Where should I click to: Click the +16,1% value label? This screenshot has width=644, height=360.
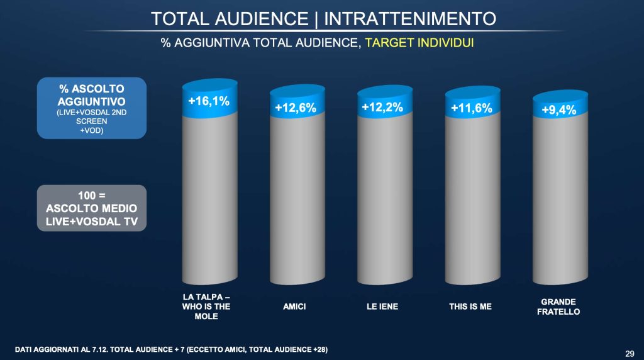point(208,101)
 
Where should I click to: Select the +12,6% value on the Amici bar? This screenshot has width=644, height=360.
point(296,108)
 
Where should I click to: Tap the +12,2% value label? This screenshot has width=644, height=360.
point(382,107)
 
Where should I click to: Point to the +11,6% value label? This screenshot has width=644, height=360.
point(471,108)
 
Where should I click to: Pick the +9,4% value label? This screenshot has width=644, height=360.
point(558,111)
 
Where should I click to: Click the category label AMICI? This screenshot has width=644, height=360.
point(296,307)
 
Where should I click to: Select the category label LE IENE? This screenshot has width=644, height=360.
point(383,307)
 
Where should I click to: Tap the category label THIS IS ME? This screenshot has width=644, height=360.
point(471,307)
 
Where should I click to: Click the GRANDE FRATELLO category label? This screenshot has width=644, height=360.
point(558,307)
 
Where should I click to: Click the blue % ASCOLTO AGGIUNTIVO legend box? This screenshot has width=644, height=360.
point(92,108)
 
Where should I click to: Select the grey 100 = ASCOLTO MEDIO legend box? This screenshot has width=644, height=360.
point(92,207)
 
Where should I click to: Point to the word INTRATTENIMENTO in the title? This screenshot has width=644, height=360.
point(409,18)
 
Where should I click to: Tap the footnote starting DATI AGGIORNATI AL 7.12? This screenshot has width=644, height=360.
point(171,349)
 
